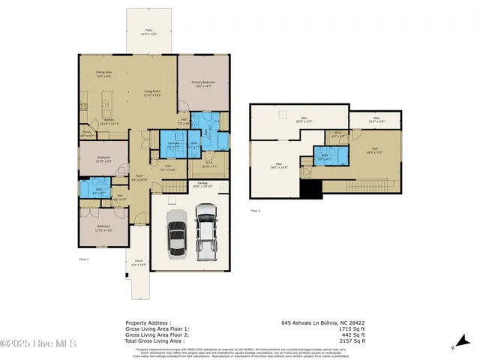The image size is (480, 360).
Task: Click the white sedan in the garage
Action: pyautogui.click(x=176, y=233)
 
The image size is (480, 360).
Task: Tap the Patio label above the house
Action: pyautogui.click(x=148, y=32)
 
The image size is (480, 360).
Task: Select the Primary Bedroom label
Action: pyautogui.click(x=203, y=84)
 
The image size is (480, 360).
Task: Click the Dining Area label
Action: pyautogui.click(x=103, y=74)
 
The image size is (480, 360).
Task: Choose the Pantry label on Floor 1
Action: pyautogui.click(x=88, y=133)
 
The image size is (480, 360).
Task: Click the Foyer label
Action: pyautogui.click(x=139, y=179)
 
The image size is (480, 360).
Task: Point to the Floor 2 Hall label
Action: pyautogui.click(x=373, y=150)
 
